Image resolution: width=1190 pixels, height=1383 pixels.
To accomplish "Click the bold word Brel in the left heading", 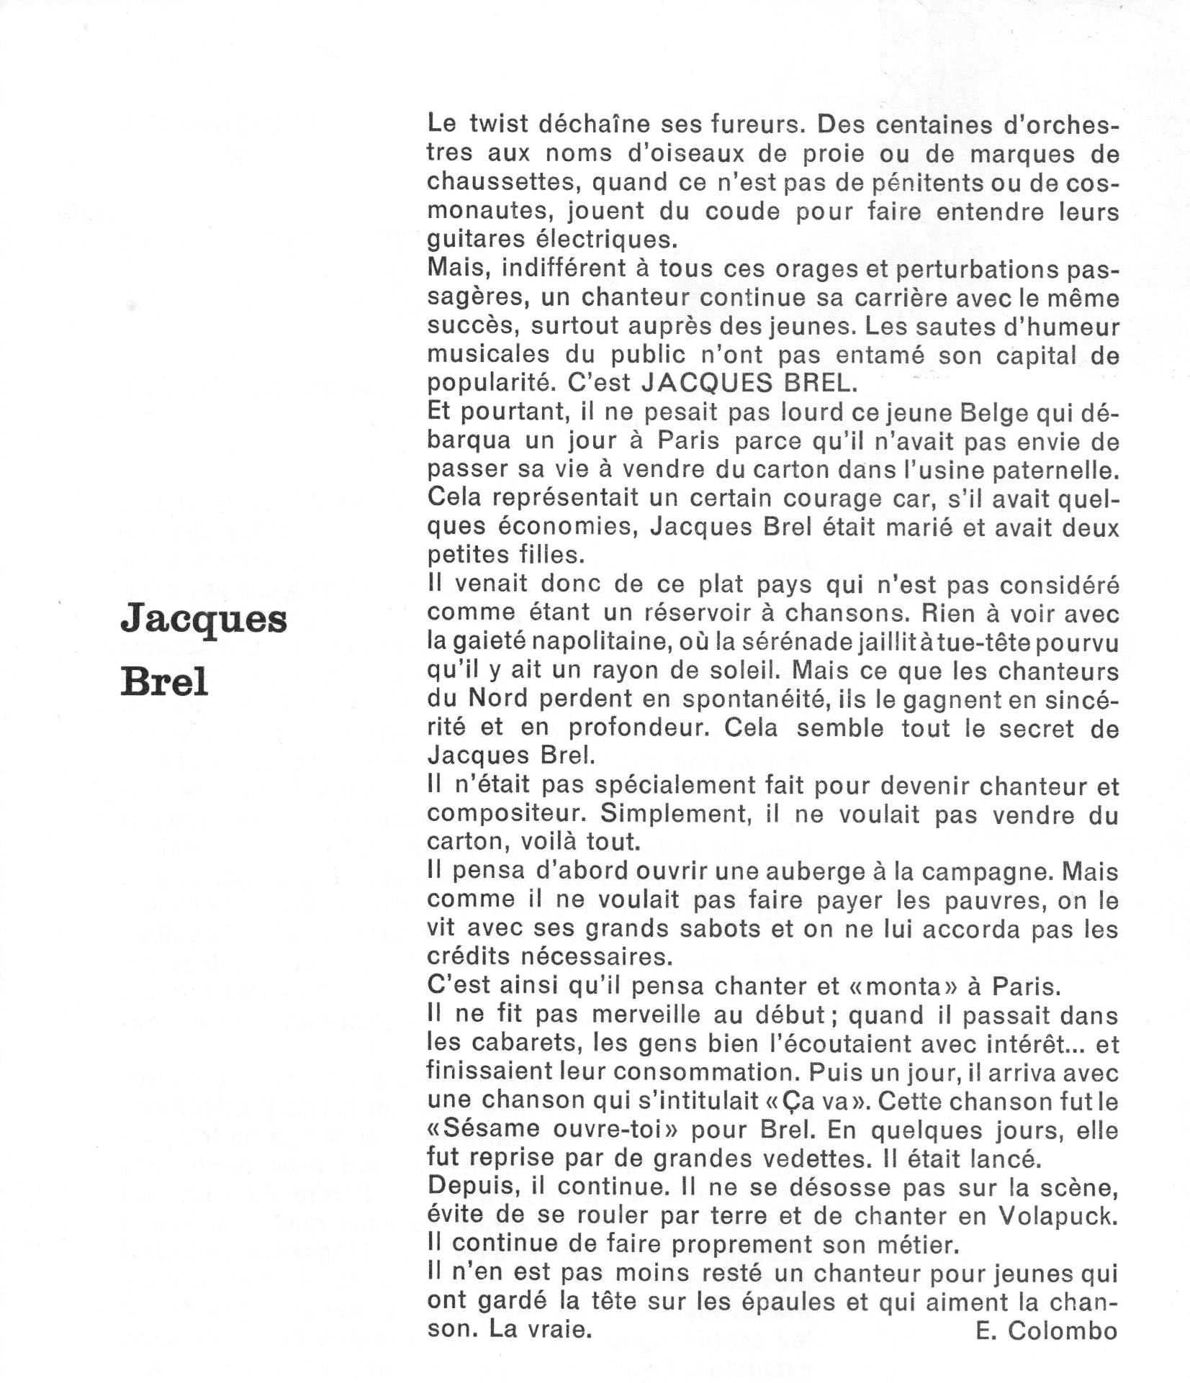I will (164, 680).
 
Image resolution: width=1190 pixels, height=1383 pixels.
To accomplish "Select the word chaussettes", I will (503, 183).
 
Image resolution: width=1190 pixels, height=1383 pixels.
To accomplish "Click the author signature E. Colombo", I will (1047, 1332).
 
